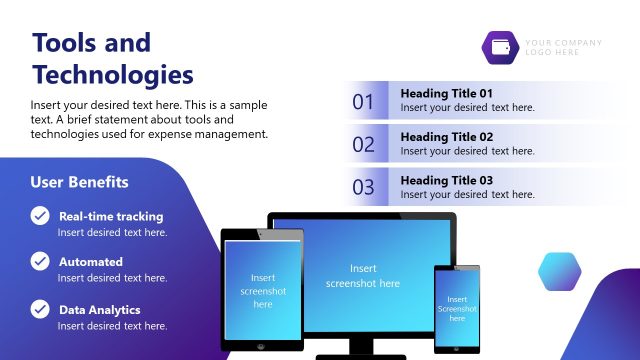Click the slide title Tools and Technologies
112,58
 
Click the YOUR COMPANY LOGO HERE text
564,47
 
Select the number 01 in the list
363,101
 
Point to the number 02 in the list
363,144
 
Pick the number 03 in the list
363,187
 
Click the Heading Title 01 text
447,93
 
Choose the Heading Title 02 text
447,136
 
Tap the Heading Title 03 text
447,180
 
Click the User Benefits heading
79,182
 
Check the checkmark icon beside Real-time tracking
40,215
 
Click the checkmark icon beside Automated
40,261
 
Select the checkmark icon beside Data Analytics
40,309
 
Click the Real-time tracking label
111,216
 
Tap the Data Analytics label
100,310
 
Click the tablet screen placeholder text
263,291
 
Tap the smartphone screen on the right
457,308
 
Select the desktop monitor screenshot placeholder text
362,276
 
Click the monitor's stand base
363,355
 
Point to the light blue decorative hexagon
560,271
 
